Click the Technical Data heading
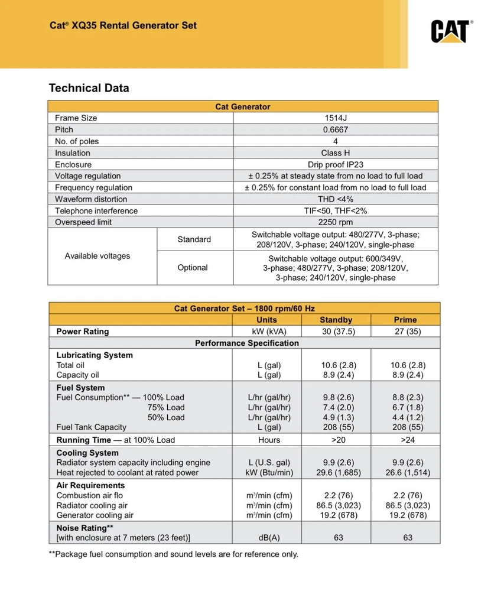point(89,88)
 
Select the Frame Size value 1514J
point(335,118)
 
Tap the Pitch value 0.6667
point(335,129)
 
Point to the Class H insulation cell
point(335,153)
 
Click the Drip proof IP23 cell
point(335,164)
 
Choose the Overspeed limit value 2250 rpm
point(335,222)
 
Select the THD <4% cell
point(335,199)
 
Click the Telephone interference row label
point(96,211)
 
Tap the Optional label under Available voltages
point(193,268)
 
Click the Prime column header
point(405,320)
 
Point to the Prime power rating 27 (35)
point(405,332)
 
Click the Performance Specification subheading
point(247,343)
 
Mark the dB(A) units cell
point(269,538)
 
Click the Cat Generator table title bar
point(243,106)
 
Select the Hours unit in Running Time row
point(269,440)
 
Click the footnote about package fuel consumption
point(173,554)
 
